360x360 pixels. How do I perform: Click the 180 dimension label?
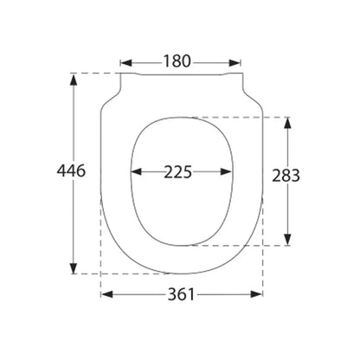177,61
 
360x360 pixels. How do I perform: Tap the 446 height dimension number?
71,170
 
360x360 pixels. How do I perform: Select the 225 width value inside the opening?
178,172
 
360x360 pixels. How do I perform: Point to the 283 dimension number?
286,176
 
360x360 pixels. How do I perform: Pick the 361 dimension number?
181,294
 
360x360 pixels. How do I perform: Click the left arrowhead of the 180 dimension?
126,62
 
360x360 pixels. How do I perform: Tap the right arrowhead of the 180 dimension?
235,62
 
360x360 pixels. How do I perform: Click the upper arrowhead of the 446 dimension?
74,80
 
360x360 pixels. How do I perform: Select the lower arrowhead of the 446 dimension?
74,268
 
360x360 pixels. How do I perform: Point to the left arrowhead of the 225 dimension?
137,172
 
